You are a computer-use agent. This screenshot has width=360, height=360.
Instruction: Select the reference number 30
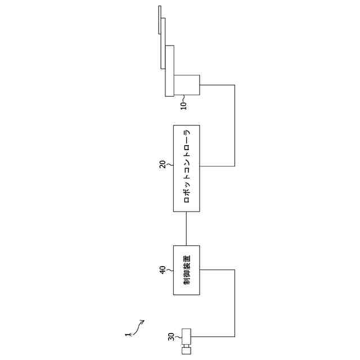(171, 337)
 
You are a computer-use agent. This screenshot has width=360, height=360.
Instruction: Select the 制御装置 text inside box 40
(187, 270)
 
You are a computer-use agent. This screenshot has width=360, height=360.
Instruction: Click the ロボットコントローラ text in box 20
(187, 168)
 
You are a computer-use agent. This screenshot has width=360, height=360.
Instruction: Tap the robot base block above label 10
(187, 85)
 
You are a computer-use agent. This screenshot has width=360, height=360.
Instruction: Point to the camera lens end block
(187, 350)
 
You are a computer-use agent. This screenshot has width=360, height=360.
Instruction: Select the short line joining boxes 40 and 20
(187, 228)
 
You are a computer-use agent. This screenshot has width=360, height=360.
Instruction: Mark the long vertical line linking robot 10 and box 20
(235, 125)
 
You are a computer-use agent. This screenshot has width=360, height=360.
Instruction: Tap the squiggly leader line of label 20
(169, 165)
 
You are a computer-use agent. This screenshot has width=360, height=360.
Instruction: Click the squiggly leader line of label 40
(169, 271)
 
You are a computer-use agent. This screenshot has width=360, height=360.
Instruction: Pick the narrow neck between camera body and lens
(187, 345)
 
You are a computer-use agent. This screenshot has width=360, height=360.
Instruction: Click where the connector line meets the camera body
(193, 337)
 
